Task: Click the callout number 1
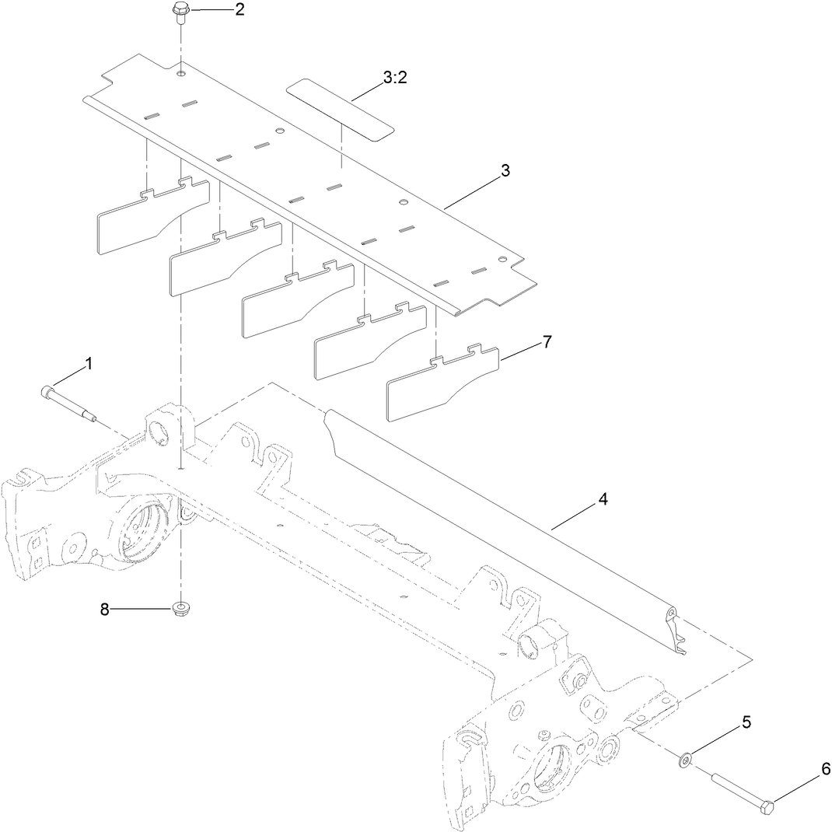coord(88,363)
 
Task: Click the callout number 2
coord(218,9)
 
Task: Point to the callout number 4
coord(603,499)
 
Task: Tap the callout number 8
coord(104,610)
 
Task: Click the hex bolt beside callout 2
coord(180,12)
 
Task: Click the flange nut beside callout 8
coord(180,606)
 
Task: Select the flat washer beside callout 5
coord(685,758)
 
